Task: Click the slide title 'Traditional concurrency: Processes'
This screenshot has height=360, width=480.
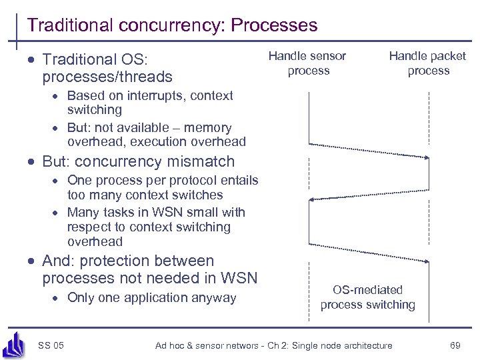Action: pos(172,25)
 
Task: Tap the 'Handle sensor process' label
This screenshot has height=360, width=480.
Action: pos(308,63)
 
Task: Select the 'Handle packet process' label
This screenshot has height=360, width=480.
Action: pos(428,63)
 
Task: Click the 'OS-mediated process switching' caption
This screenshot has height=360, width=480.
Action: pos(367,297)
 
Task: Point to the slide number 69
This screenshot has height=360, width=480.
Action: pos(455,345)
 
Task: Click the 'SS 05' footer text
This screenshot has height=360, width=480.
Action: pos(51,345)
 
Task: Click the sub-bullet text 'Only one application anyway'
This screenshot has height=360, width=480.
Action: pos(151,297)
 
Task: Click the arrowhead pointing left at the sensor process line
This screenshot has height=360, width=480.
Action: pos(312,199)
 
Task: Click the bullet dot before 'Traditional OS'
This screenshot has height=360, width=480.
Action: pos(32,59)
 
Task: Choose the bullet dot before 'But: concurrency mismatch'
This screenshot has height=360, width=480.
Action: pos(32,162)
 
